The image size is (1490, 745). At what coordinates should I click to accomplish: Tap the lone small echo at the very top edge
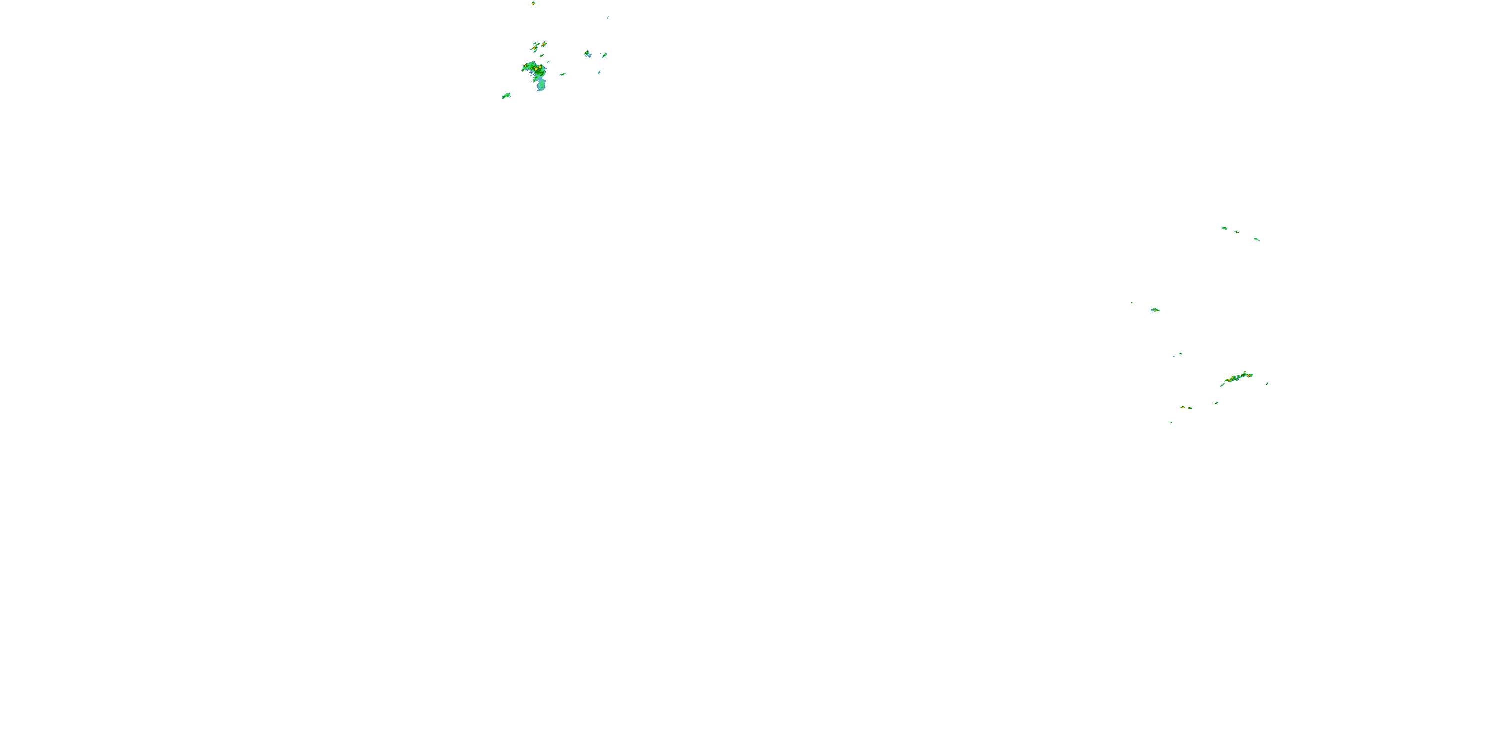(x=533, y=3)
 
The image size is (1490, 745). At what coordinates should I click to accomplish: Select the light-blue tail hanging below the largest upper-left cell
(x=541, y=85)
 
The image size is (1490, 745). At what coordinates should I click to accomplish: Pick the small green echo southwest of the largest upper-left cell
(x=506, y=96)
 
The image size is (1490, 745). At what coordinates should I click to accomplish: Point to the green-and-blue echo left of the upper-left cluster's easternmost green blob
(x=587, y=54)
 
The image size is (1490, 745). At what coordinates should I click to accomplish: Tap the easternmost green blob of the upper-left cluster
(x=604, y=55)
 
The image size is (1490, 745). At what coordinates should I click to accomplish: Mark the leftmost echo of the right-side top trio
(x=1224, y=228)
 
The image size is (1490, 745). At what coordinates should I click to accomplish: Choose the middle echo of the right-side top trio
(x=1236, y=232)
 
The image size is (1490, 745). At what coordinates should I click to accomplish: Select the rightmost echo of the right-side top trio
(x=1257, y=239)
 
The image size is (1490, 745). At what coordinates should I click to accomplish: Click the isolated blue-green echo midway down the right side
(x=1155, y=310)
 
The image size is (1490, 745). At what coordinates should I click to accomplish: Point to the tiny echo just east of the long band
(x=1267, y=383)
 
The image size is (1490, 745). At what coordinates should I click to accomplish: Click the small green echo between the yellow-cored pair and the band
(x=1216, y=403)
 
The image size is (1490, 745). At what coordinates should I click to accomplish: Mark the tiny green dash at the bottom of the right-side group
(x=1170, y=422)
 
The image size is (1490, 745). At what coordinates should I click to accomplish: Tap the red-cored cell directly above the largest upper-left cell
(x=543, y=44)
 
